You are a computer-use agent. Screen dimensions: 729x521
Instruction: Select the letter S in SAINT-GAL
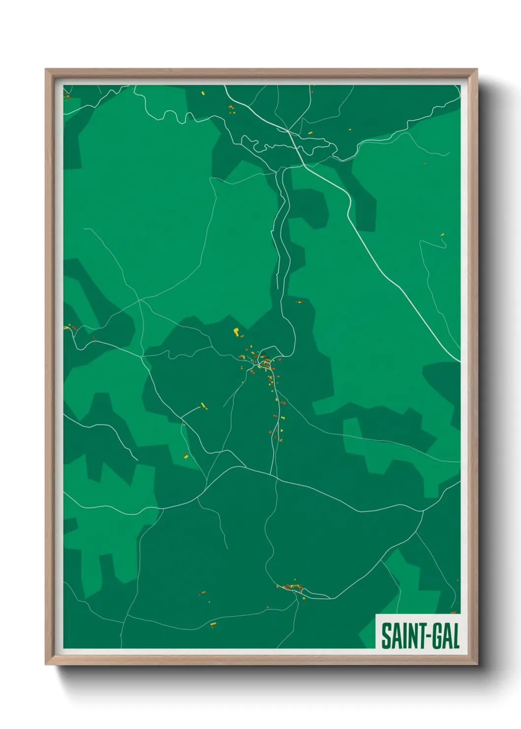click(386, 636)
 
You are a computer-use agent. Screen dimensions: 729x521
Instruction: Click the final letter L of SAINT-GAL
click(456, 636)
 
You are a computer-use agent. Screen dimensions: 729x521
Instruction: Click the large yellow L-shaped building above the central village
click(236, 331)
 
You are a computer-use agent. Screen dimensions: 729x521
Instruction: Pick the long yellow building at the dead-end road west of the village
click(204, 406)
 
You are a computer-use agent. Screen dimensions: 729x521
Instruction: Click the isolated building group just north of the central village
click(298, 301)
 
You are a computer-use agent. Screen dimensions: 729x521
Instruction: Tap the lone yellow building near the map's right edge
click(442, 234)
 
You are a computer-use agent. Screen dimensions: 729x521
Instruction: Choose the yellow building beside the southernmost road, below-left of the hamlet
click(213, 625)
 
